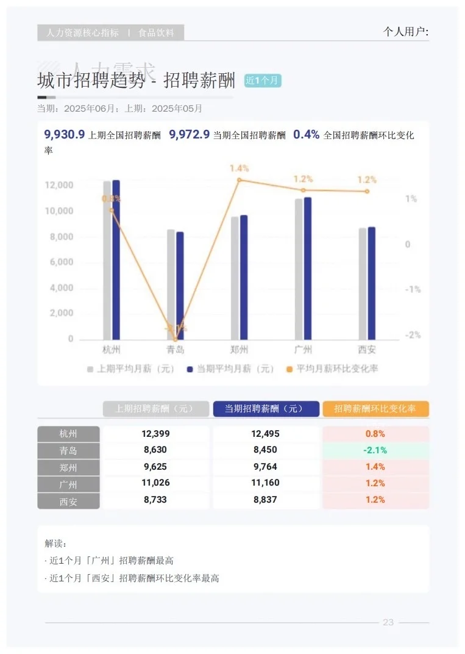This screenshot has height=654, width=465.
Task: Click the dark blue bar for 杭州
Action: tap(116, 259)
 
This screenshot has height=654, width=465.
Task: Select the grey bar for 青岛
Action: tap(171, 284)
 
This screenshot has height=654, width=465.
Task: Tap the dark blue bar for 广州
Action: tap(308, 268)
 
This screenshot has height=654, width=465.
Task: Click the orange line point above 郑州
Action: tap(240, 180)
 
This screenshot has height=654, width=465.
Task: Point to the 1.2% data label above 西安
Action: tap(367, 179)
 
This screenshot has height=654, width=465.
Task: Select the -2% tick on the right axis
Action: tap(413, 335)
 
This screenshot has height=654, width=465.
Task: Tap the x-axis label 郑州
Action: tap(239, 350)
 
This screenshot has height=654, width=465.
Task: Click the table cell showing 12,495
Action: tap(266, 434)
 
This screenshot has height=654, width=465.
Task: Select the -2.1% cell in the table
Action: tap(375, 450)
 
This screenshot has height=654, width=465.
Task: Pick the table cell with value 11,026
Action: tap(155, 483)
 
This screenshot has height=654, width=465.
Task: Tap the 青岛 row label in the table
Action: tap(68, 450)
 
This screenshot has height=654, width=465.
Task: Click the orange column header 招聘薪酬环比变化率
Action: tap(375, 409)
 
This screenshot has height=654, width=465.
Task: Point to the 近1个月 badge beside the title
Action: tap(263, 81)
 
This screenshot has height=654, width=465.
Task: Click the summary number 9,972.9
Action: tap(190, 135)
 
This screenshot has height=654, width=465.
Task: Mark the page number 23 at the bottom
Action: tap(388, 622)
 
